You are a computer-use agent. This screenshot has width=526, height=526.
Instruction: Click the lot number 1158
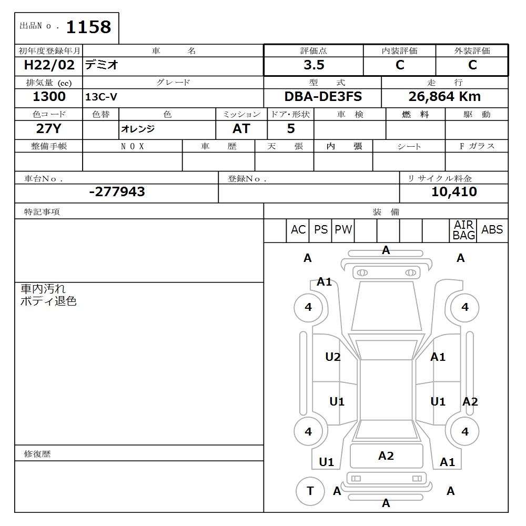(x=88, y=27)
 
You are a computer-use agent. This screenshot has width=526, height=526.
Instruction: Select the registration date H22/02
(x=49, y=65)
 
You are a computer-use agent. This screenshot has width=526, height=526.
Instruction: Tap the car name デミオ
(x=103, y=65)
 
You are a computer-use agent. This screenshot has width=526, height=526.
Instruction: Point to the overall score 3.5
(x=313, y=65)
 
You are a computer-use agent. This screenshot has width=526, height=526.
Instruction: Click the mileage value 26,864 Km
(x=444, y=97)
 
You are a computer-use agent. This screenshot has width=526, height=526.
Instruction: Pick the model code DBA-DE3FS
(x=323, y=97)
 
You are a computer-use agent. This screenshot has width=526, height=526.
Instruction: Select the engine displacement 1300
(x=49, y=97)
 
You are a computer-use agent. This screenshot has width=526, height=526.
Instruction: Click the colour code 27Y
(x=49, y=129)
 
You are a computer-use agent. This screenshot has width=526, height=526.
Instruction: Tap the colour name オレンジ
(x=138, y=129)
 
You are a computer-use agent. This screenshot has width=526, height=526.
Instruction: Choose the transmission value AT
(x=241, y=129)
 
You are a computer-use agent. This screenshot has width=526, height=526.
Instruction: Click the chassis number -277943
(x=117, y=192)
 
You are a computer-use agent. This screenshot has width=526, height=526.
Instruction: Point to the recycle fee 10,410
(x=454, y=192)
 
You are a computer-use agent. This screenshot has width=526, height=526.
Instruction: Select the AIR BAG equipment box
(x=463, y=230)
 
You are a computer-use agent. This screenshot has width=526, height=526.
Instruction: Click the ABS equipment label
(x=492, y=230)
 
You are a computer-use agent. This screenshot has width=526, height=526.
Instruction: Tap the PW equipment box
(x=343, y=230)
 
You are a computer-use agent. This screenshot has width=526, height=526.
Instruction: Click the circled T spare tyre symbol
(x=310, y=491)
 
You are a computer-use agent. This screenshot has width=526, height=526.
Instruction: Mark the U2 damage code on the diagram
(x=333, y=357)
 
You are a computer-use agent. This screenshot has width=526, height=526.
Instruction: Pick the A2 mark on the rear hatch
(x=386, y=456)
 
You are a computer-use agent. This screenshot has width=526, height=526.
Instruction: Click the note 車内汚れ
(x=43, y=289)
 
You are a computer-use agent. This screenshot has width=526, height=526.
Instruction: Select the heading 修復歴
(x=37, y=454)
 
